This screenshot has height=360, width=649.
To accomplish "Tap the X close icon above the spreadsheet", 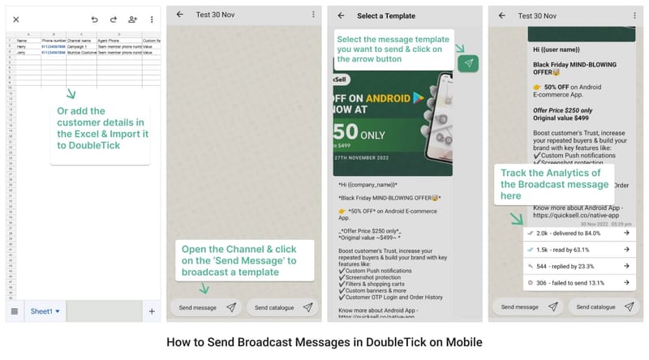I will pos(16,19).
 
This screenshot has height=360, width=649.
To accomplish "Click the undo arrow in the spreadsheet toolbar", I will pos(95,19).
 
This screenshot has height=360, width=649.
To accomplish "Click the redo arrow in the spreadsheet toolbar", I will pos(114,19).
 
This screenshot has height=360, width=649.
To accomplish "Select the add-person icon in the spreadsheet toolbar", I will pos(132,19).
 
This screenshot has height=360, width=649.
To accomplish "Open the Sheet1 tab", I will pos(45,311).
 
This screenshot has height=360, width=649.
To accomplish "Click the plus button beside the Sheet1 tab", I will pos(151,311).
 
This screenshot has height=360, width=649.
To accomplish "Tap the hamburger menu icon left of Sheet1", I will pos(15,311).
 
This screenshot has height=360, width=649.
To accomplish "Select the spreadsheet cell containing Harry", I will pos(22,46).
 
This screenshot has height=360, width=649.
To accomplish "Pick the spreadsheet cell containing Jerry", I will pos(22,52).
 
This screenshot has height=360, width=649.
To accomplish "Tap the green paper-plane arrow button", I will pos(468,62).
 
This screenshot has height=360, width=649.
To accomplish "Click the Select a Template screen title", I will pos(386,15).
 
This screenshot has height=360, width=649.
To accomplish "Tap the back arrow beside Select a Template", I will pos(341,15).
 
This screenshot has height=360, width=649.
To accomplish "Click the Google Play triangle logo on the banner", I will pos(417,97).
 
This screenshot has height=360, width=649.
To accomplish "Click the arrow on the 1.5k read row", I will pos(626,250).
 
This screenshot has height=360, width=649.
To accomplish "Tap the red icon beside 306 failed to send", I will pos(530,283).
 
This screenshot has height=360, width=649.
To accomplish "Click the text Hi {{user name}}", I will pos(557,49).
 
